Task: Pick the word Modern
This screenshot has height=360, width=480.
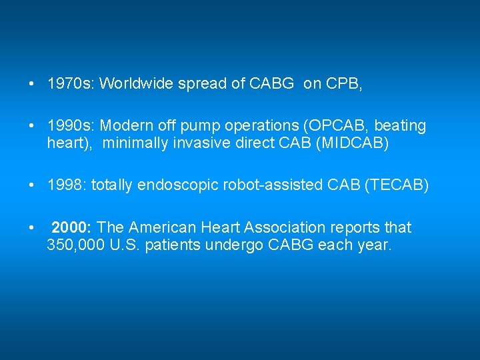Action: (x=125, y=126)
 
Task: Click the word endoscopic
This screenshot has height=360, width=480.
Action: (x=165, y=185)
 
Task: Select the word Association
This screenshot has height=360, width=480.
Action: (x=275, y=227)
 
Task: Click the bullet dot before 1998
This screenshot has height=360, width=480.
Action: (x=32, y=185)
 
